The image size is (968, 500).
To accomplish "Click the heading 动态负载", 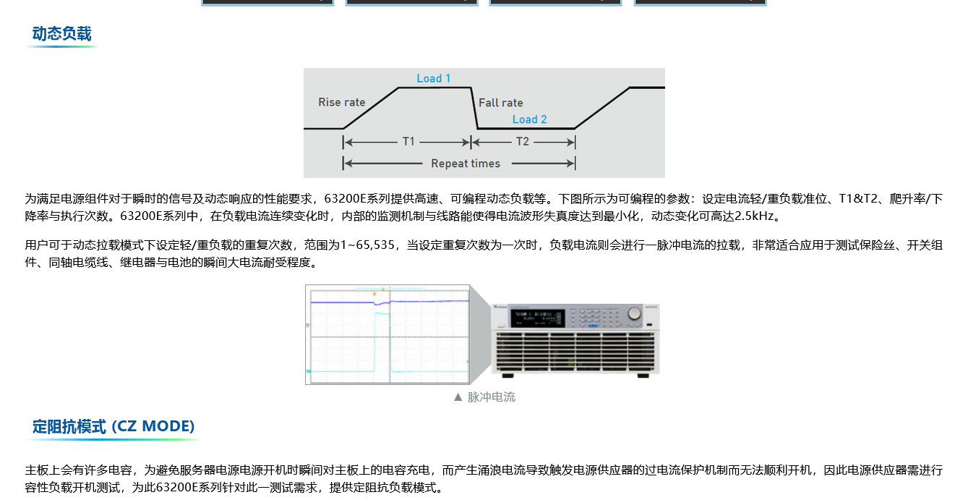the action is coord(61,34).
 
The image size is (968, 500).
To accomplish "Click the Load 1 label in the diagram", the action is coord(434,78).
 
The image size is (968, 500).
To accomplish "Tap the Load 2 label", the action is coord(529,119).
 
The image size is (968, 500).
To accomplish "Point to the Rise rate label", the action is coord(342,102).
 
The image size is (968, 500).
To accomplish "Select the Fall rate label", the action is coord(501,103).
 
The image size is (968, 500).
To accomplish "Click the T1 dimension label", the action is coord(408,141).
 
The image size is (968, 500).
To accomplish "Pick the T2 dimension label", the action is coord(523,141).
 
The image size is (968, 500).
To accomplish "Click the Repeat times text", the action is coord(466,164).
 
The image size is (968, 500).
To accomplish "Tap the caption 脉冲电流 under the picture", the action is coord(492,397).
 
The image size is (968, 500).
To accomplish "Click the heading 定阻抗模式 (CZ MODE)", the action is coord(113,426).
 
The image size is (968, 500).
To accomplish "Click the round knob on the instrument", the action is coord(634,313).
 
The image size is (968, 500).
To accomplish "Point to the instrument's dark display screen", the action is coord(537,318).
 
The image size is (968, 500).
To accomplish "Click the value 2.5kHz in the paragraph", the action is coord(754,216).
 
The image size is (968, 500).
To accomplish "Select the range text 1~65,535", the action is coord(367,245).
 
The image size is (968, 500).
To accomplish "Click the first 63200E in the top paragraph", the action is coord(345,198).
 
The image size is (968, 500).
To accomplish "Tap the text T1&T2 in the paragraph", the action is coord(858,198).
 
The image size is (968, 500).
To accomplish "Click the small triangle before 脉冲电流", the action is coord(458,397).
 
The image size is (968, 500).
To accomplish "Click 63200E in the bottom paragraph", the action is coord(176,488).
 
